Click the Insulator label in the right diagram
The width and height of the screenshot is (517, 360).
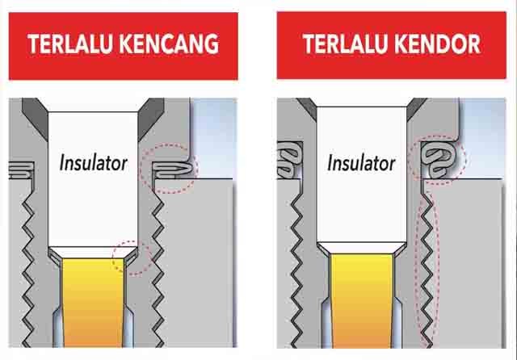coord(361,163)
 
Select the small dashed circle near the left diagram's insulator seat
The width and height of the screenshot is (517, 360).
coord(132,256)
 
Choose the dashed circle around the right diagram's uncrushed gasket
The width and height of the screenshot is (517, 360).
coord(436,158)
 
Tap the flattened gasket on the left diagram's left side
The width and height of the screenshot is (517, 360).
coord(19,169)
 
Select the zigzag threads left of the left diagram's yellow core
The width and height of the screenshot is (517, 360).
coord(32,266)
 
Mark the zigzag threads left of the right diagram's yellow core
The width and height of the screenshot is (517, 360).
coord(301,266)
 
